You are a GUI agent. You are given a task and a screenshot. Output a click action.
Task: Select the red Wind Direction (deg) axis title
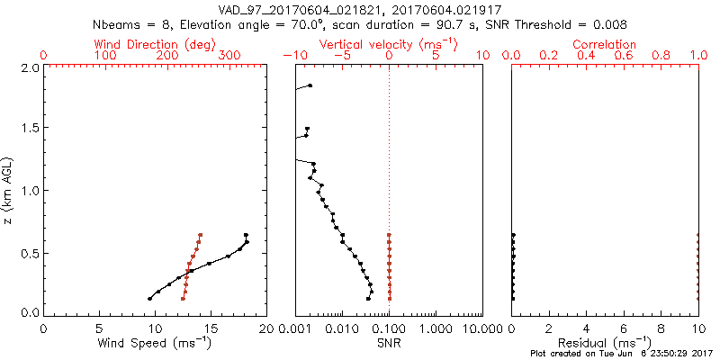(x=155, y=44)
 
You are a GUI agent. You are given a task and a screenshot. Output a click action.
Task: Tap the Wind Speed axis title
(x=155, y=343)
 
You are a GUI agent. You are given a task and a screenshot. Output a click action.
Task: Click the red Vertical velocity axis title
(x=390, y=44)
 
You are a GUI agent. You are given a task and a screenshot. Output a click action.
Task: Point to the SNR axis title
(x=389, y=343)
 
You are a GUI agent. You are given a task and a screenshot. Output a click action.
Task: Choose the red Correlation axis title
(x=605, y=44)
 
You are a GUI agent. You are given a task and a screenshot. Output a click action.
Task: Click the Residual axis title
(x=605, y=343)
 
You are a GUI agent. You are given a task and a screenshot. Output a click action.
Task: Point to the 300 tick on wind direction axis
(x=229, y=56)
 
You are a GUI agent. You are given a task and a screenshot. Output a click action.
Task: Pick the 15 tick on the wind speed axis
(x=210, y=328)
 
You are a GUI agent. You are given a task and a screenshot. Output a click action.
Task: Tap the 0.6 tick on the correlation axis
(x=624, y=56)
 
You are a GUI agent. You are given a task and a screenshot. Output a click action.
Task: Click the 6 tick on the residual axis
(x=624, y=328)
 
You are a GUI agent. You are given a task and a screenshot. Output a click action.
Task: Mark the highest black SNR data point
(x=310, y=85)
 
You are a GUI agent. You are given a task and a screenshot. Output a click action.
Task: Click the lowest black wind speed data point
(x=149, y=298)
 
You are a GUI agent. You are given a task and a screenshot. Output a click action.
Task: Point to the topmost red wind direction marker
(x=201, y=235)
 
